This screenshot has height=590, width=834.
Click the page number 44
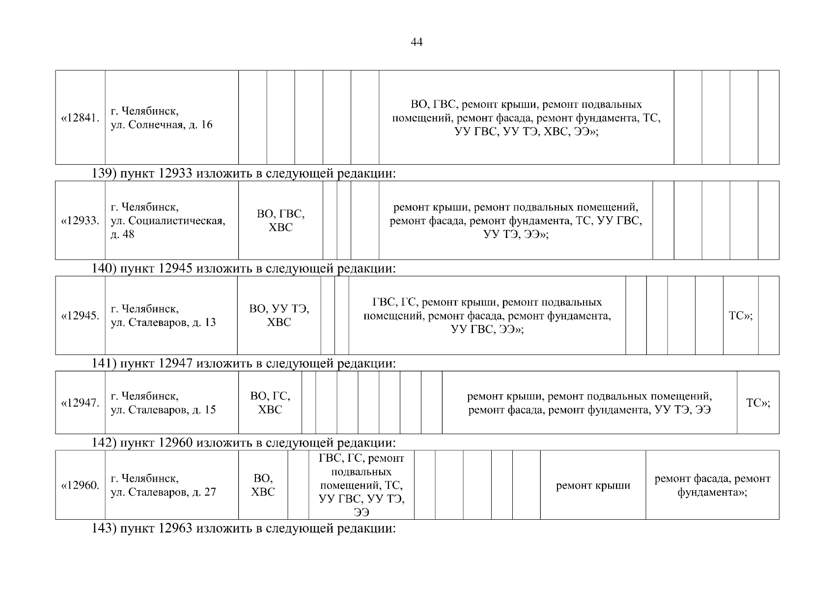click(417, 42)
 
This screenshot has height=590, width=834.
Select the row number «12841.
click(80, 118)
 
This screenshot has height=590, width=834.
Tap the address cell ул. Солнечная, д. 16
click(162, 118)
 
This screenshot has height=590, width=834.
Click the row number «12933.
click(80, 221)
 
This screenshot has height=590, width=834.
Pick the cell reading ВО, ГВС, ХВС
click(280, 221)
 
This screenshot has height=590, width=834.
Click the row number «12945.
click(80, 316)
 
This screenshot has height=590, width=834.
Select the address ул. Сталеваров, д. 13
click(163, 316)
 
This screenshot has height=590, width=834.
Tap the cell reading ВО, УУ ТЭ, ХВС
click(279, 316)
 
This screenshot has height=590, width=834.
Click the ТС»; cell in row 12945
click(740, 316)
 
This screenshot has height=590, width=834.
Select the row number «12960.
click(80, 485)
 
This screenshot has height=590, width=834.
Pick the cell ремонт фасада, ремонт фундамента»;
click(712, 485)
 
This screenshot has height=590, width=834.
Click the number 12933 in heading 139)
click(176, 174)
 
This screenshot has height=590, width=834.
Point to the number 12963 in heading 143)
click(176, 529)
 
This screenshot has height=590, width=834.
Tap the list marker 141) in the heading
click(104, 364)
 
